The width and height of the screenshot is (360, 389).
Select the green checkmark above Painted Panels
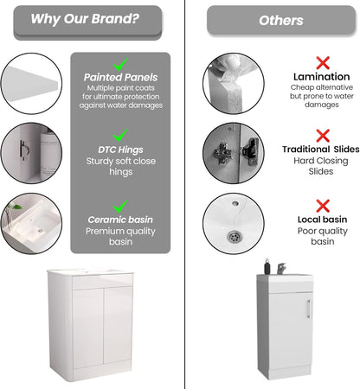point(120,63)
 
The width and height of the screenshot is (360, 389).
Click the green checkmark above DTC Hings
point(120,136)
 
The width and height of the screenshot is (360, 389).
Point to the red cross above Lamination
point(322,62)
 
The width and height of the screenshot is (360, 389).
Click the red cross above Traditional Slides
point(322,136)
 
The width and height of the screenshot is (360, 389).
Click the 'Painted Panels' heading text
point(120,77)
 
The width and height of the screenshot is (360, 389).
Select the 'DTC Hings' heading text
point(120,150)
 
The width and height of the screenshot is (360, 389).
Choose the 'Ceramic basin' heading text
point(120,220)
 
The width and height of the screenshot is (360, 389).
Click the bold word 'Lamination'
point(322,77)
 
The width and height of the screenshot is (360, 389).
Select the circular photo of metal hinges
point(232,152)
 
